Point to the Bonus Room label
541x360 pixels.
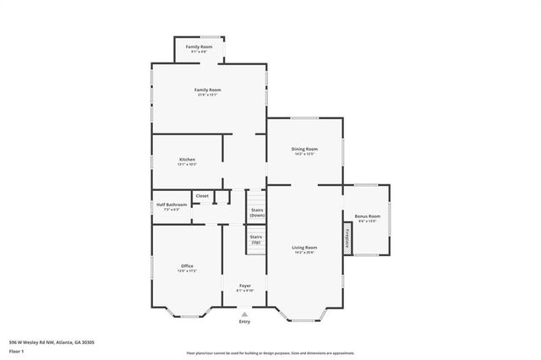(367, 216)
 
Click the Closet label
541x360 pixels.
(202, 195)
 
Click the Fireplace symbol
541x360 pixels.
(347, 238)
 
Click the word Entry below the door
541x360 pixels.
(244, 322)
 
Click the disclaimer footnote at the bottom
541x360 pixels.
(270, 352)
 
